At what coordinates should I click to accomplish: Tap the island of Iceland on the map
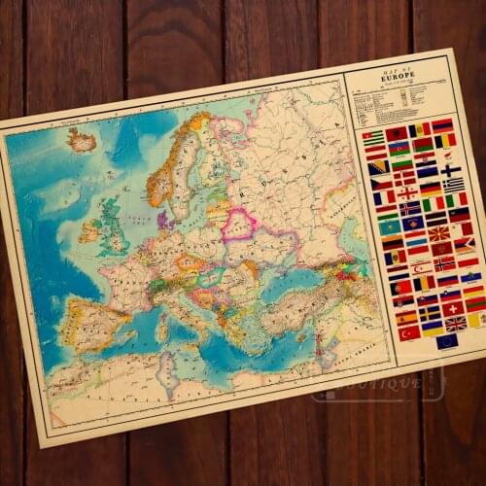[x=82, y=142]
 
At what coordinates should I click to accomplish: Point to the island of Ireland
[x=90, y=230]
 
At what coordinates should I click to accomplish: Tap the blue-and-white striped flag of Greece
[x=454, y=184]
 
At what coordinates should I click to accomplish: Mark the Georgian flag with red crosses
[x=406, y=192]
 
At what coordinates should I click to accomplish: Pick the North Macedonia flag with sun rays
[x=439, y=233]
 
